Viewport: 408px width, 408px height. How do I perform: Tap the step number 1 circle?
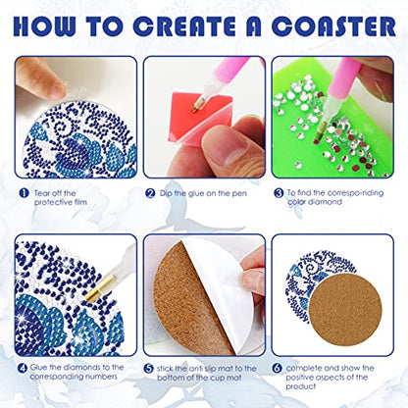point(23,192)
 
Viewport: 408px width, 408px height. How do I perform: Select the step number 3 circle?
point(280,192)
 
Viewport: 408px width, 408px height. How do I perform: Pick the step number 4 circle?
point(23,368)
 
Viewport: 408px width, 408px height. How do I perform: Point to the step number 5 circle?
point(149,368)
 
